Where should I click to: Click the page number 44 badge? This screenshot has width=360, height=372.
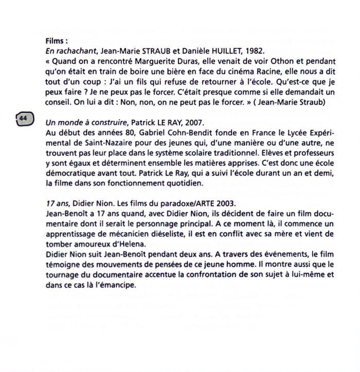(x=23, y=119)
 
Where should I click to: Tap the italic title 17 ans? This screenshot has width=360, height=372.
(x=56, y=201)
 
